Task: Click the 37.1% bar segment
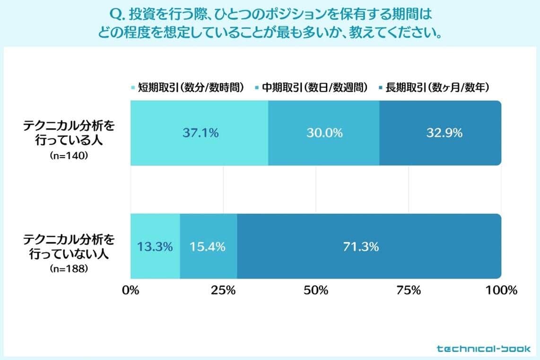(x=200, y=133)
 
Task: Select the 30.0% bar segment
(x=323, y=133)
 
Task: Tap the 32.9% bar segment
(x=440, y=133)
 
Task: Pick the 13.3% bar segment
(x=155, y=246)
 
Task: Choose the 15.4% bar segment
(x=208, y=246)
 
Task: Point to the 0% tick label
(x=131, y=290)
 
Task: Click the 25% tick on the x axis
(x=223, y=290)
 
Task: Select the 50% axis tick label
(x=316, y=290)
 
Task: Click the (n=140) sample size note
(x=69, y=156)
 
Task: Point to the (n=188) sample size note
(x=69, y=269)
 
